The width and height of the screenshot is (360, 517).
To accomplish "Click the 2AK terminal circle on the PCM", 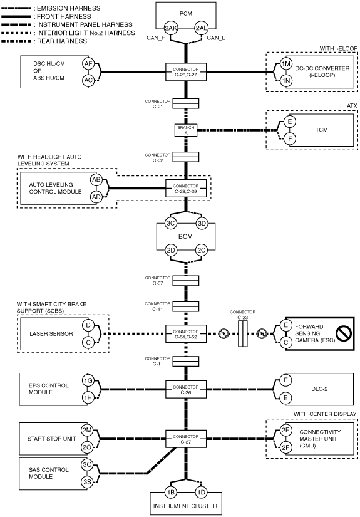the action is pos(171,28).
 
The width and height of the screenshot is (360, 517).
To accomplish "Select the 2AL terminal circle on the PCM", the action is pos(201,28).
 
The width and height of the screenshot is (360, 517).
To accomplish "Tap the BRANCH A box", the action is pos(186,130).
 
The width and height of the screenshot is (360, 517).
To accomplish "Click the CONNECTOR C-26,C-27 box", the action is pos(186,72).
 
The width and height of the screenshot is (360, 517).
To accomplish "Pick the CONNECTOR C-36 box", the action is pos(186,389).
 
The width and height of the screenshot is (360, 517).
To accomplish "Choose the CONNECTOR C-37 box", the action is pos(186,439).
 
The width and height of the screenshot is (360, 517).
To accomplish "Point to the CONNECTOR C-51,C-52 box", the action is pos(186,334).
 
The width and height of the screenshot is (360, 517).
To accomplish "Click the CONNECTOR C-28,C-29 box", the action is pos(186,189).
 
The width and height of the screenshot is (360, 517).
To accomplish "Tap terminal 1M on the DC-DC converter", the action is pos(286,64).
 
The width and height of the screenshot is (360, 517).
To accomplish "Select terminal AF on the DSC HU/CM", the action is pos(88,64).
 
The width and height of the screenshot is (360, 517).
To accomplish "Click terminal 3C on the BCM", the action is pos(171,223).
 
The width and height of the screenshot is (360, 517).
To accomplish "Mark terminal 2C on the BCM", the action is pos(201,250).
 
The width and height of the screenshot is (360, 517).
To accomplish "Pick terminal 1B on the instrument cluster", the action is pos(171,493).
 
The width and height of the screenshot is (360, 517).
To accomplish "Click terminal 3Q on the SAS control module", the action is pos(87,465).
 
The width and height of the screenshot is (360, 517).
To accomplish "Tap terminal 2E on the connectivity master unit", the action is pos(285,430).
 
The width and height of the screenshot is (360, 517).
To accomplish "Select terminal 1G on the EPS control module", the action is pos(88,381).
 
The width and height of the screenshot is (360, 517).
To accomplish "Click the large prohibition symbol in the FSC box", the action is pos(344,333).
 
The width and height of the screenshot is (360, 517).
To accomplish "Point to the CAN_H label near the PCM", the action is pos(156,38).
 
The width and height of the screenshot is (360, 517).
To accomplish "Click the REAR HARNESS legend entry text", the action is pos(62,41).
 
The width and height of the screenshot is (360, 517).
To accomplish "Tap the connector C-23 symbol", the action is pos(243,334).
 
